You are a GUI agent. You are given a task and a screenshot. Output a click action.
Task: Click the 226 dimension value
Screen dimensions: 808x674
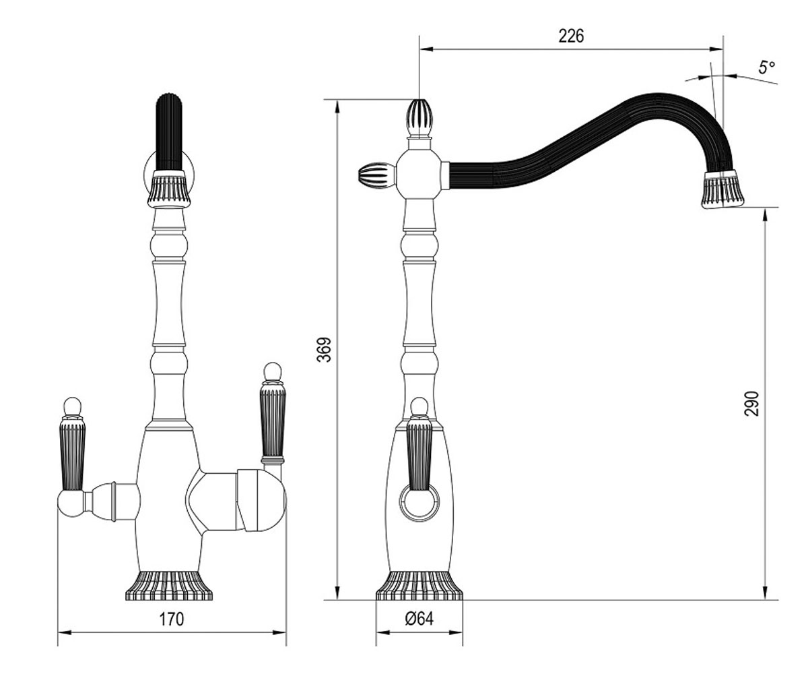pos(571,36)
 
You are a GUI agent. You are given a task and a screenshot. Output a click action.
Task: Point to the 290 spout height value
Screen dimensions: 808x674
pos(751,404)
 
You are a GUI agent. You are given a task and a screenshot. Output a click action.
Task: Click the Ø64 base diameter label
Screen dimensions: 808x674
pos(419,619)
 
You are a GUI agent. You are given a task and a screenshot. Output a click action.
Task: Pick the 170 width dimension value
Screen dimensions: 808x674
pos(172,619)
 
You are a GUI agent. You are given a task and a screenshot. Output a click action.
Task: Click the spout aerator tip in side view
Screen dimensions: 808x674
pos(723,189)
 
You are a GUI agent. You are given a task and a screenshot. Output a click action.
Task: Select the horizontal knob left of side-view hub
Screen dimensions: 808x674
pos(377,175)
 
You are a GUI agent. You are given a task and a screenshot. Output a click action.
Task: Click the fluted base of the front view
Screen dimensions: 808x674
pos(169,586)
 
